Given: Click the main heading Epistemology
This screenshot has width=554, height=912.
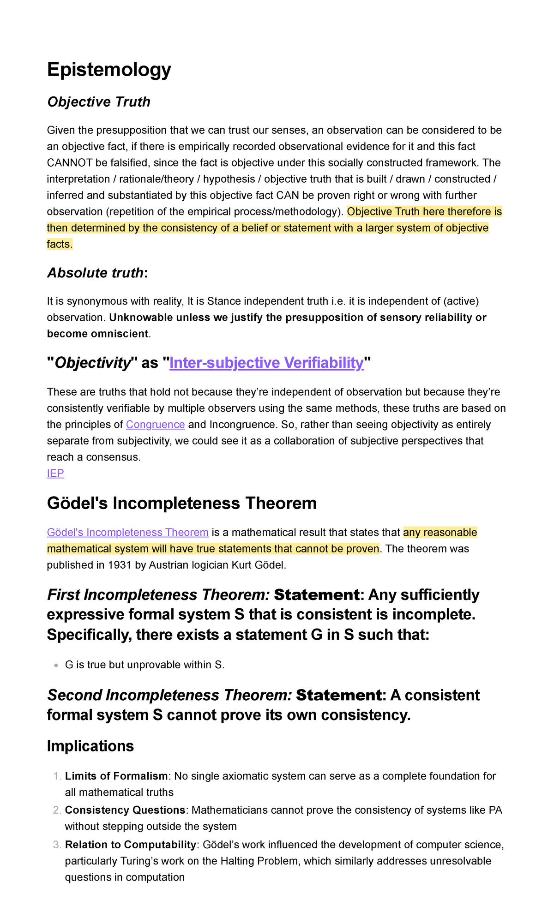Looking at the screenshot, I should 109,70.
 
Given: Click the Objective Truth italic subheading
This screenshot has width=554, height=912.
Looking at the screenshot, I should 99,102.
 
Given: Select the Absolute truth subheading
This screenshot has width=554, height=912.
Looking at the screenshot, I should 96,273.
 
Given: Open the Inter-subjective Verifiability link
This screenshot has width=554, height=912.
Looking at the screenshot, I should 266,363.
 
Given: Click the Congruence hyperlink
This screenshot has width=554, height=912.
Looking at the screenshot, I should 155,425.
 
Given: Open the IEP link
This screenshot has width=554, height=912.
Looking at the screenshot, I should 55,473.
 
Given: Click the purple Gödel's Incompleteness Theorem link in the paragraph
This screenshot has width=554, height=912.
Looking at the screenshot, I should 127,533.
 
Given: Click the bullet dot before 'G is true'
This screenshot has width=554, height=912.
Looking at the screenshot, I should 56,666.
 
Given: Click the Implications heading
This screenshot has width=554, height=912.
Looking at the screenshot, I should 90,746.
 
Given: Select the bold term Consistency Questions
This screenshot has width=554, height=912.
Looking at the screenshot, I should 125,810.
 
